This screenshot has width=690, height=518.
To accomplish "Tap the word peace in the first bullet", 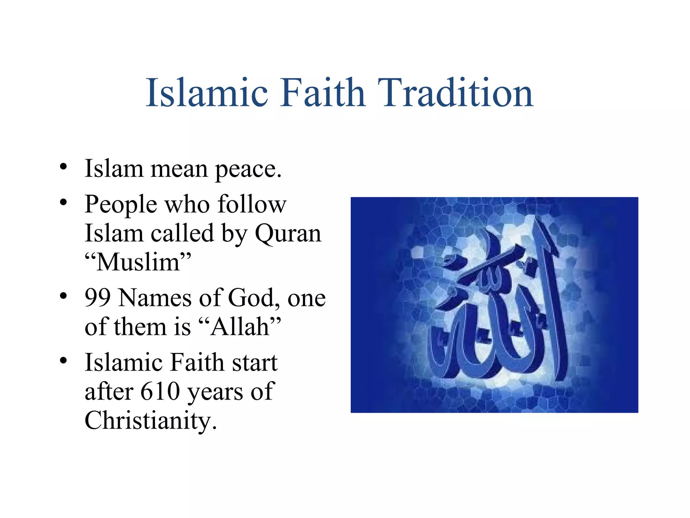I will point(248,169).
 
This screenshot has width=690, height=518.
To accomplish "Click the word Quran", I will point(288,233).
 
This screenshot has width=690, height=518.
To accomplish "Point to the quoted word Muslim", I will point(138,262).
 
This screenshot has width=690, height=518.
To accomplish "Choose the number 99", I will point(98,298).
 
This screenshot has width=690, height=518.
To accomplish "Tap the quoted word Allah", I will point(240,327).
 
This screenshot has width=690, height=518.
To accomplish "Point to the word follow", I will point(252,204).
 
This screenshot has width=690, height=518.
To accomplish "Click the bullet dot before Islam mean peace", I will point(63,167).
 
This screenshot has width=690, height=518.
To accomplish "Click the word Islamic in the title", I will point(207,93).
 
